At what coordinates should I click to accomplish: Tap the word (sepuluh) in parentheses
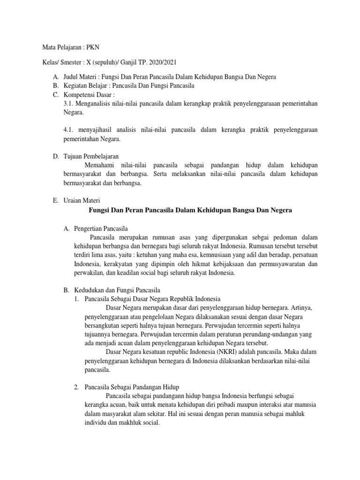105,62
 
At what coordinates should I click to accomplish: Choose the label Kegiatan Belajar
86,86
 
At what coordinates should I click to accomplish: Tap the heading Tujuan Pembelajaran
91,156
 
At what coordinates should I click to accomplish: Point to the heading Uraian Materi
81,200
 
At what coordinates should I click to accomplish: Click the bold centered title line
190,210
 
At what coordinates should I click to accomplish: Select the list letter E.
55,200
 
